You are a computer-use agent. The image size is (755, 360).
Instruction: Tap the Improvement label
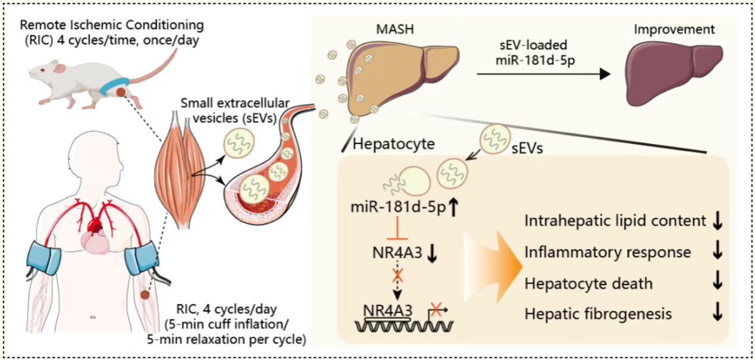[x=674, y=29]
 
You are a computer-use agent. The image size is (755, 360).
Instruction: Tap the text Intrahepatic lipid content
[x=615, y=221]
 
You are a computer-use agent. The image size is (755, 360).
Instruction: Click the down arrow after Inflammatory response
[x=718, y=252]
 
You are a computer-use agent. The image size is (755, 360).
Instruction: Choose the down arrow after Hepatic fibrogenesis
[x=718, y=314]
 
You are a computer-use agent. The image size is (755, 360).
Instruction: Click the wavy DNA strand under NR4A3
[x=405, y=326]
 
